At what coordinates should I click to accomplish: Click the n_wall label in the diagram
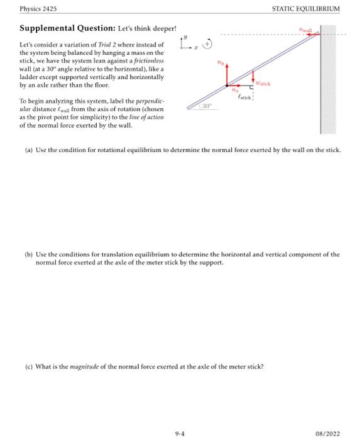[x=305, y=29]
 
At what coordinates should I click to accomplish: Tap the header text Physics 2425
[x=38, y=9]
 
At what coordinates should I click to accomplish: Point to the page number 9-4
[x=179, y=432]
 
